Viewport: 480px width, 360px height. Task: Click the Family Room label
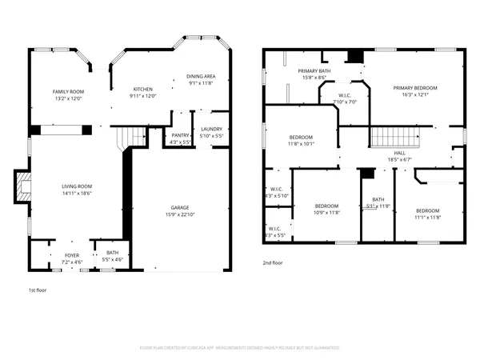[70, 92]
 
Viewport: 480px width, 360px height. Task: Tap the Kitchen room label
[143, 89]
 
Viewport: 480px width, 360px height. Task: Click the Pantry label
[180, 136]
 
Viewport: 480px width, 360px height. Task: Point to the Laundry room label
[211, 129]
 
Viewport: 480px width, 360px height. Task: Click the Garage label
[179, 208]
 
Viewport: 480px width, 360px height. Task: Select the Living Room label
[78, 186]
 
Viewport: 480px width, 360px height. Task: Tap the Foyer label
[72, 255]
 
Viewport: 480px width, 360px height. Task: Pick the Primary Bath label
[314, 71]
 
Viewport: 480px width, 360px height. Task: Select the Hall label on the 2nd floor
[399, 153]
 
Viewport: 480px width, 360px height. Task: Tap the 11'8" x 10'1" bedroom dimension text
[301, 144]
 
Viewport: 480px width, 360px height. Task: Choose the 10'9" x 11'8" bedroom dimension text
[327, 212]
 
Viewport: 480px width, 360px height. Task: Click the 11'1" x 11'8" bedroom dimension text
[428, 217]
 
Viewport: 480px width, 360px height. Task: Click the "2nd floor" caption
[273, 262]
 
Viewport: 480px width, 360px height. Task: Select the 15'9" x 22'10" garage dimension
[179, 214]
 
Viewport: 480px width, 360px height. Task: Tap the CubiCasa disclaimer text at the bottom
[240, 347]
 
